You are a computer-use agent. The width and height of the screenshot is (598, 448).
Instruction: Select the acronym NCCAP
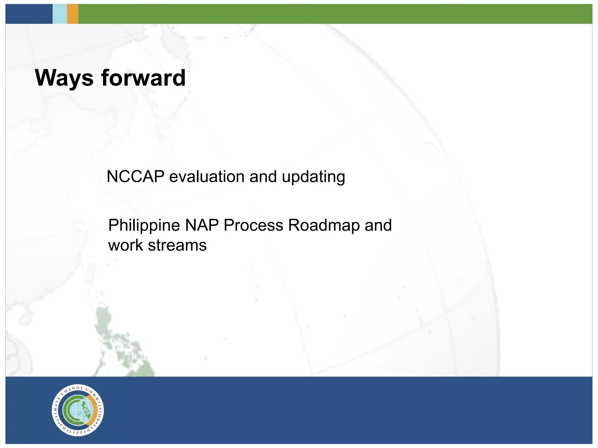coord(135,177)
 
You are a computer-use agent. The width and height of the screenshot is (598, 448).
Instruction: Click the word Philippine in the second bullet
coord(144,225)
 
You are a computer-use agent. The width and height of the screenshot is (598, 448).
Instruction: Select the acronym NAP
coord(202,225)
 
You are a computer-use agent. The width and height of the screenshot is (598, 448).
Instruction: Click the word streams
coord(177,245)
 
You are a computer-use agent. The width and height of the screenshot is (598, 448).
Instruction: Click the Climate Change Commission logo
coord(78,410)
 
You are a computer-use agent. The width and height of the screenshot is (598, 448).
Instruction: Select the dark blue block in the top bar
coord(29,14)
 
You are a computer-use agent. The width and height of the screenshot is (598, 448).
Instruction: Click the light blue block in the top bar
coord(60,14)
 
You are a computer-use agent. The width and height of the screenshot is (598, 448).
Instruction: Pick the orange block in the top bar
coord(72,14)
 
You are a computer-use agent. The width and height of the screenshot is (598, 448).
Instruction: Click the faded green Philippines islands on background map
coord(123,344)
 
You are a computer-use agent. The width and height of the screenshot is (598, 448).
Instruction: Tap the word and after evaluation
coord(263,177)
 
